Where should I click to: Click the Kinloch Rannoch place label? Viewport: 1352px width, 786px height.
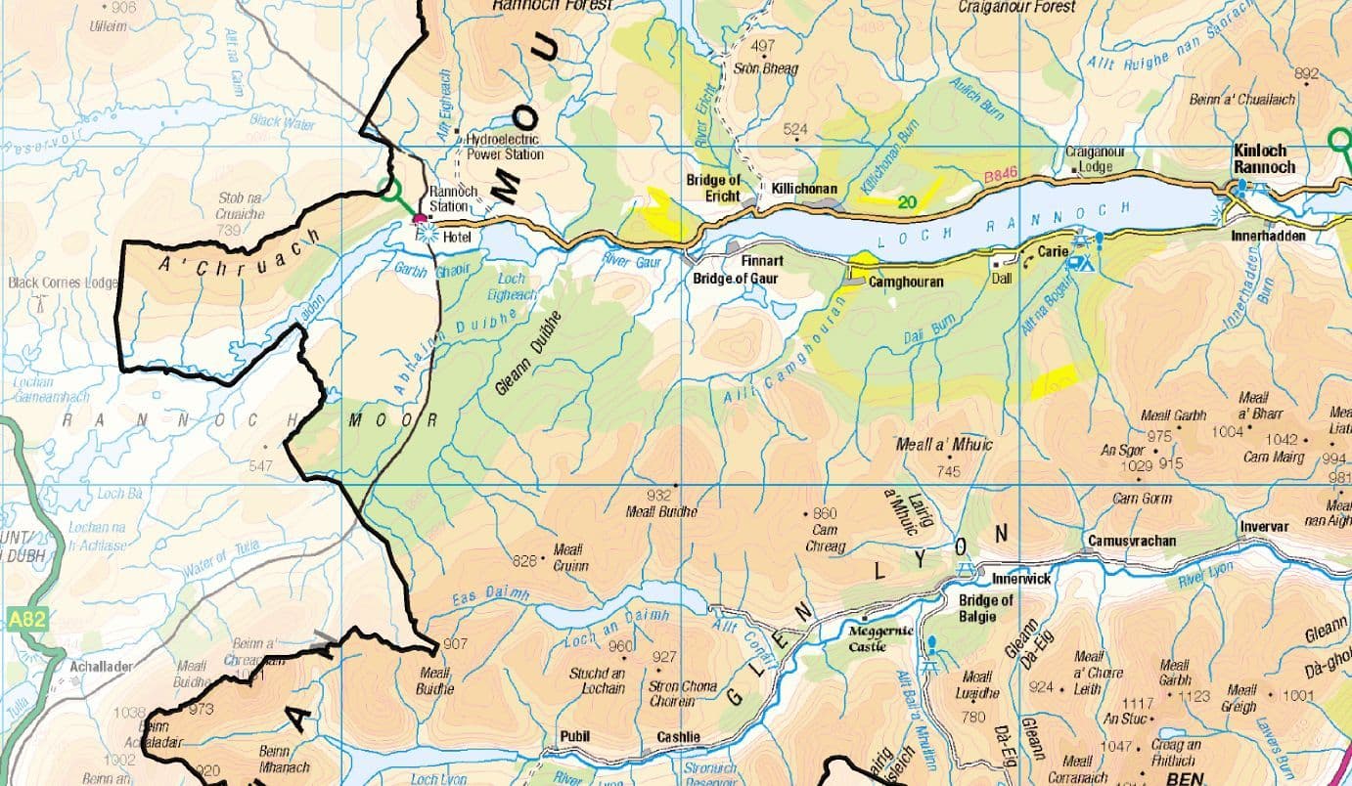click(1265, 159)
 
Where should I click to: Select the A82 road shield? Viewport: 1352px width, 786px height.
click(28, 619)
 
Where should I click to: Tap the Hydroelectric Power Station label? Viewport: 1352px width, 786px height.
click(504, 147)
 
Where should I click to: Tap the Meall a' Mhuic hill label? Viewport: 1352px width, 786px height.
click(944, 445)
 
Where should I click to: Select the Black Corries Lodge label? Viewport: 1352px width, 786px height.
click(63, 283)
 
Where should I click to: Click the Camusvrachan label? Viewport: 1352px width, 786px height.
click(1131, 541)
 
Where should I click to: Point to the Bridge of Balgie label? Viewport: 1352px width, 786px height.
click(985, 608)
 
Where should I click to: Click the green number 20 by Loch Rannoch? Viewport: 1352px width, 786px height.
click(907, 202)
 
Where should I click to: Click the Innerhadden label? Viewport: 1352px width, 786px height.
click(1270, 236)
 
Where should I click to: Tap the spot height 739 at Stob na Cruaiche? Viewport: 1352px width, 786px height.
click(229, 230)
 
